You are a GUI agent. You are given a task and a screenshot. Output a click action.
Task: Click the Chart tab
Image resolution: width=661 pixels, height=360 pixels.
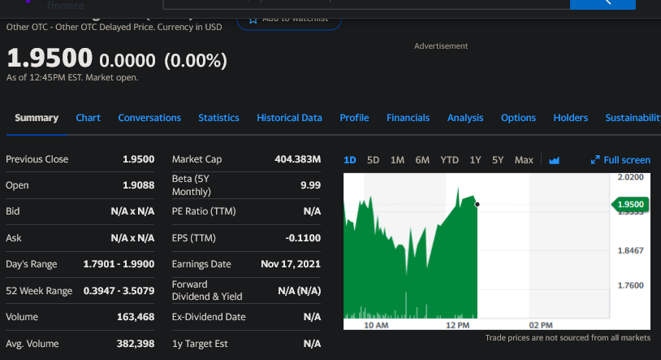click(88, 118)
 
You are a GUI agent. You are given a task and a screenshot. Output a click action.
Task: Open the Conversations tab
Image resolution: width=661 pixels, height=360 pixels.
click(149, 118)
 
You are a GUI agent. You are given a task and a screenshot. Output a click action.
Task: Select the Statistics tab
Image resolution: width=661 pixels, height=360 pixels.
click(218, 118)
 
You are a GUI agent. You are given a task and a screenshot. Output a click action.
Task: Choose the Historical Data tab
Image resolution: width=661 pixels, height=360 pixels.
click(289, 118)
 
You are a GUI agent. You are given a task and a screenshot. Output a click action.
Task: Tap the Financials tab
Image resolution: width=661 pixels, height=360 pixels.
click(408, 118)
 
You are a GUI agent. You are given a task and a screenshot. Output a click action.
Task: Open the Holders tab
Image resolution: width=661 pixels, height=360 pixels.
click(570, 118)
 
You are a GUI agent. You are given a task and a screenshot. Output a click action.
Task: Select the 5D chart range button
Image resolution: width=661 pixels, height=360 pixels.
click(374, 160)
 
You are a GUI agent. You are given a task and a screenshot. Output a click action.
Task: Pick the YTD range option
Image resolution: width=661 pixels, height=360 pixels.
click(450, 160)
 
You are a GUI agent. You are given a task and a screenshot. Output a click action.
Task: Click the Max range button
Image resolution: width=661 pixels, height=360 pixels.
click(524, 160)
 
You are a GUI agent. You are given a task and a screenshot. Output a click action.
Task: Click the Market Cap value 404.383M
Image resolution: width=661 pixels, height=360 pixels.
click(298, 159)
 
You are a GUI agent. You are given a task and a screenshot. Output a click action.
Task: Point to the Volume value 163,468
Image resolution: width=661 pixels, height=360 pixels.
click(136, 317)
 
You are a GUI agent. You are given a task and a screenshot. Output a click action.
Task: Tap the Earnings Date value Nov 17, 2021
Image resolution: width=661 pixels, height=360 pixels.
click(291, 264)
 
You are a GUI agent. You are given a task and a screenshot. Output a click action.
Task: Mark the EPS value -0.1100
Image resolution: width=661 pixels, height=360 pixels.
click(304, 238)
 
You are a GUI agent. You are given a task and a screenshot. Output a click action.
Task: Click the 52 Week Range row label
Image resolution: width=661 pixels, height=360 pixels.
click(39, 291)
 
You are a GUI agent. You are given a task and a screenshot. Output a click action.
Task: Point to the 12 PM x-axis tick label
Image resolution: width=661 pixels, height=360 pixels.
click(458, 325)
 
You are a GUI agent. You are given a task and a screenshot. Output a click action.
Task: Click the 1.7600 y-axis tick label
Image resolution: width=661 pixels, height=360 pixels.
click(630, 285)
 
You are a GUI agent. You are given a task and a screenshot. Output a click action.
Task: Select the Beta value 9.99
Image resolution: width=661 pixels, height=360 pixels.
click(310, 185)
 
